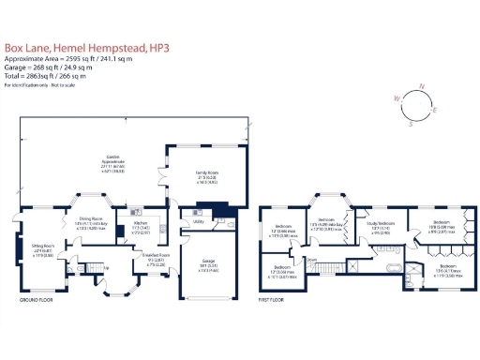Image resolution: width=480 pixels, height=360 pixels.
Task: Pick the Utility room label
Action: click(200, 220)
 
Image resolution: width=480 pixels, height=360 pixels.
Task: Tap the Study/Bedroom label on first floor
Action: click(379, 227)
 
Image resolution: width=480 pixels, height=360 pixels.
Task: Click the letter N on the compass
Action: click(421, 86)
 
